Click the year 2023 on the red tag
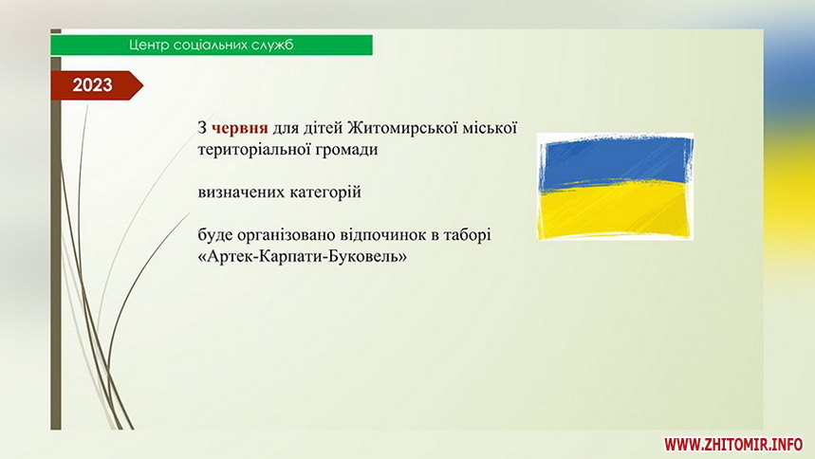click(93, 84)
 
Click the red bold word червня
click(240, 128)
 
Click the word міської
click(486, 127)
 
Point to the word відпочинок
click(382, 235)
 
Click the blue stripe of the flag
click(615, 161)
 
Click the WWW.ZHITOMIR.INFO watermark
click(733, 445)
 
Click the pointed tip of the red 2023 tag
click(143, 85)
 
